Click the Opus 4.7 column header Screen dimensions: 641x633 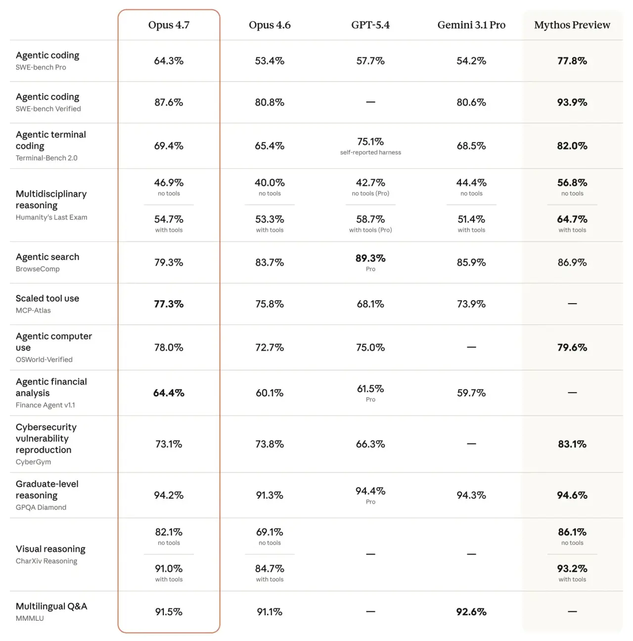(169, 25)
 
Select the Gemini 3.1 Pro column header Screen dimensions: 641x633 (471, 25)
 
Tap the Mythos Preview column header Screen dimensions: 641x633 (572, 25)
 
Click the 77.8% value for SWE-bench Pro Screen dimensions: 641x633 (572, 61)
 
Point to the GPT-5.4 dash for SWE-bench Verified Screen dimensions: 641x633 (370, 102)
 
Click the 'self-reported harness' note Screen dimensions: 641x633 (370, 152)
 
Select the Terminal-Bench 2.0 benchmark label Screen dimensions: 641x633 (46, 158)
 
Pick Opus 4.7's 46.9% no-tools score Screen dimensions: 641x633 (169, 183)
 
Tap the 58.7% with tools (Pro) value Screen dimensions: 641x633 (370, 219)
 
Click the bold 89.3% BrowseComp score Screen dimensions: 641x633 (370, 258)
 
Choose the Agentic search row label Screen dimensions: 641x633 (47, 257)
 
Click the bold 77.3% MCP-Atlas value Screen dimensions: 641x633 (169, 304)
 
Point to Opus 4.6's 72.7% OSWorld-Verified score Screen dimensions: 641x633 (270, 348)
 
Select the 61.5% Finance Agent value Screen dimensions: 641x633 (370, 389)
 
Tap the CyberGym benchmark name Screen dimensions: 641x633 (33, 462)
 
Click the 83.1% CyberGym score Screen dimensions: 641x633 (572, 444)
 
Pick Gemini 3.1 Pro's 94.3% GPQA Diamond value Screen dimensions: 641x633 (471, 495)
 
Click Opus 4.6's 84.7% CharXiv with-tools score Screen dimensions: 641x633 (270, 569)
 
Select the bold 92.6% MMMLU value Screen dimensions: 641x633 (471, 612)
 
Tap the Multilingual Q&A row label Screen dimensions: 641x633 (51, 606)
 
